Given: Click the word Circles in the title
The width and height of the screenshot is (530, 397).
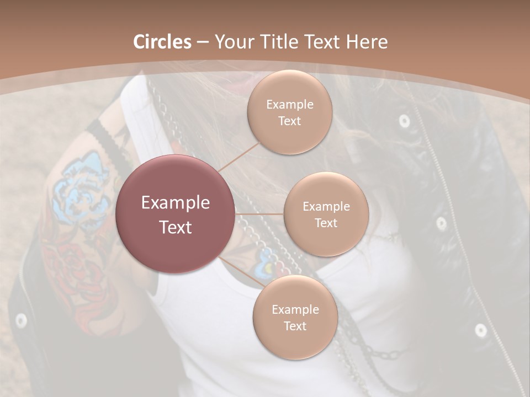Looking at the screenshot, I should [x=162, y=42].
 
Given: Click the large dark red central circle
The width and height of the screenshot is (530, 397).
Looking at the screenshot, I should [x=175, y=214].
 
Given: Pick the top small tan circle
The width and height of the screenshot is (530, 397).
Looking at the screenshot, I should [x=289, y=112].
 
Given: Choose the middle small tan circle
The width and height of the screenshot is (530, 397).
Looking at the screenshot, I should [x=326, y=214].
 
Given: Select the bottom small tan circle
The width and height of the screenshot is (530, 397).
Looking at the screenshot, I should [x=295, y=317].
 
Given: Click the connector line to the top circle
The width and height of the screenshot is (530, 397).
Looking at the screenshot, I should [x=238, y=156].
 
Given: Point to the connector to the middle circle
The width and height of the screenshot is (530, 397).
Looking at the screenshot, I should [x=259, y=213].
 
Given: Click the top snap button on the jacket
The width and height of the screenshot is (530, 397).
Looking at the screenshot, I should [x=404, y=121].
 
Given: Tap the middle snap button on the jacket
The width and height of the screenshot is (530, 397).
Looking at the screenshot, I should [x=441, y=223].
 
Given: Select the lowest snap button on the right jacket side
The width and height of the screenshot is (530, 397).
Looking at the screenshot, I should [x=480, y=330].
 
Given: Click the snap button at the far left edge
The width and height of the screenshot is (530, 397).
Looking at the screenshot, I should [x=21, y=320].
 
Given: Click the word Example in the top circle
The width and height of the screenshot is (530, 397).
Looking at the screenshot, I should [x=289, y=104].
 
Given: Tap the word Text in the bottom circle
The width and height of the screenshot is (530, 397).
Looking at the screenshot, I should [x=295, y=326].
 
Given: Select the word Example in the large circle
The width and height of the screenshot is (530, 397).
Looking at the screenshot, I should [x=175, y=203].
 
